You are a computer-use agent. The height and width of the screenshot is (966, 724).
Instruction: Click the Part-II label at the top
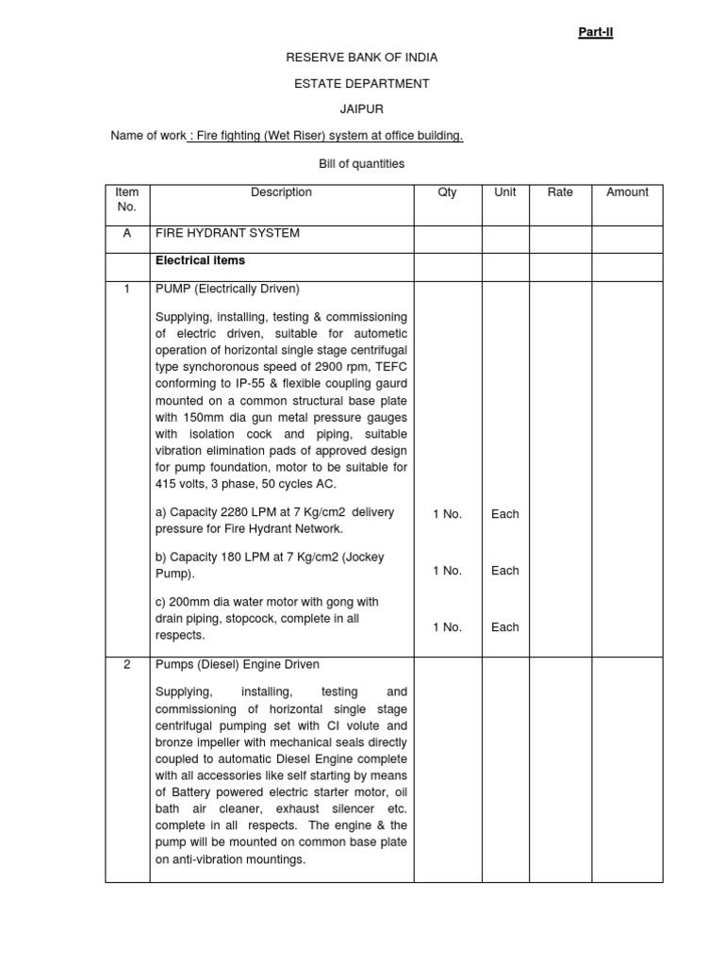595,32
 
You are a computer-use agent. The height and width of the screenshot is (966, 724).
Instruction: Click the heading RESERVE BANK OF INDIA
362,58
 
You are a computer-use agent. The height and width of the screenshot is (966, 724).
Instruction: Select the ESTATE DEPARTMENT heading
362,84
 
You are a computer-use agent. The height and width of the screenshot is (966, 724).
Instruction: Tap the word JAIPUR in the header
362,109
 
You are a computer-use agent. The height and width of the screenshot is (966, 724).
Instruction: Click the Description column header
281,192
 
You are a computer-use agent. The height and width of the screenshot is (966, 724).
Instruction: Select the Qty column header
447,192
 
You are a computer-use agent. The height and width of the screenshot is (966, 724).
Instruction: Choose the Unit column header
505,192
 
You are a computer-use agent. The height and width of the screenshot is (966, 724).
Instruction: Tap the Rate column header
560,192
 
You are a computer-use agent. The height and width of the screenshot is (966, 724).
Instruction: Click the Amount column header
627,192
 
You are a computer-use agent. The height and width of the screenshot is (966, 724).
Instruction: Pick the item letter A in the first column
127,233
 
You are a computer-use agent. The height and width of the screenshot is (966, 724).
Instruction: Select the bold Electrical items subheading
200,260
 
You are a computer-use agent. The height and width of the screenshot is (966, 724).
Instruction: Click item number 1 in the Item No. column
127,289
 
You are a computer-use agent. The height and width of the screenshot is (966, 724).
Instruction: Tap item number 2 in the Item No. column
127,665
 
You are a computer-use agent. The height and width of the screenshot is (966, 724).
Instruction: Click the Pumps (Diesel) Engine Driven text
237,665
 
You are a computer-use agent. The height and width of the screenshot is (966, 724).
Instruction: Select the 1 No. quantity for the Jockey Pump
447,571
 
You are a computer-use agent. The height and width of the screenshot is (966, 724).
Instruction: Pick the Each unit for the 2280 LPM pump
505,514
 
